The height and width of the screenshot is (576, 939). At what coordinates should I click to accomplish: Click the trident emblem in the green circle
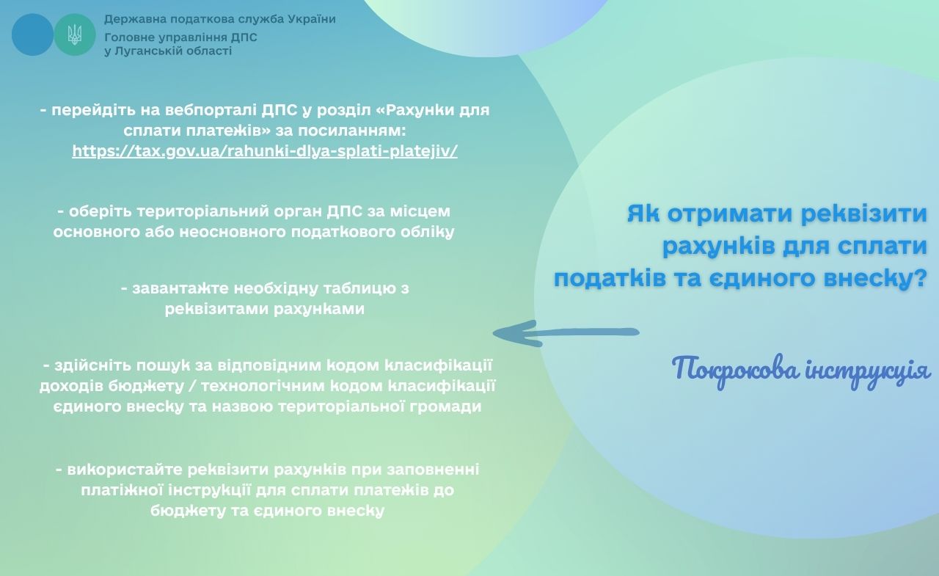point(75,34)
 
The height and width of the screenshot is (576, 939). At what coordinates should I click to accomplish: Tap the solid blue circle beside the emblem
point(32,34)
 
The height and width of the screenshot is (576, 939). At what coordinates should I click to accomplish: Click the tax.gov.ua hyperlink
point(265,150)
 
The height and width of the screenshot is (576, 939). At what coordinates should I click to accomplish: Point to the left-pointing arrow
point(566,333)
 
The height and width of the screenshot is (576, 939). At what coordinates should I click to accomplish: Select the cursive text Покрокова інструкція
point(800,371)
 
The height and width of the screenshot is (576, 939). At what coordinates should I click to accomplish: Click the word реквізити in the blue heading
point(863,213)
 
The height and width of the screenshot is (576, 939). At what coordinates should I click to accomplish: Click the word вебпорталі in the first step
point(211,110)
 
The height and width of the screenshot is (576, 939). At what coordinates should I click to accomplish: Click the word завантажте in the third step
point(180,288)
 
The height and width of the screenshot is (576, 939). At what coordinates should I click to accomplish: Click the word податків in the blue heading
point(610,278)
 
